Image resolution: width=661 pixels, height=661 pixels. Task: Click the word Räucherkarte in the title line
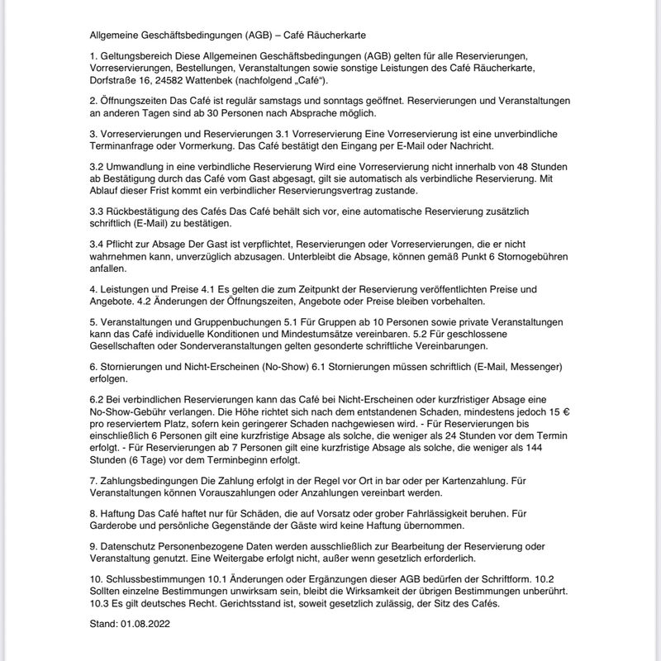tap(345, 36)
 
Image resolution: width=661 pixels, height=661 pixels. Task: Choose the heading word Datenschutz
tap(131, 547)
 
